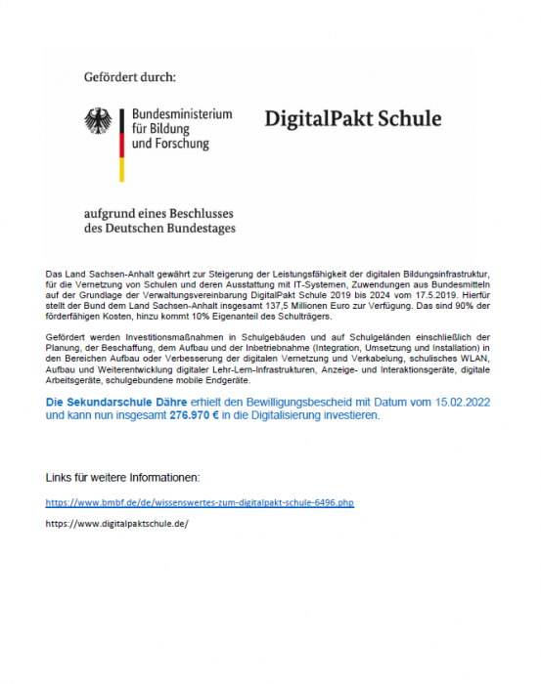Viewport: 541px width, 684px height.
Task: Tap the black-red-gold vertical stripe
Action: pyautogui.click(x=121, y=144)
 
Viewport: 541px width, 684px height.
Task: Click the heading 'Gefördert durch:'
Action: pyautogui.click(x=129, y=74)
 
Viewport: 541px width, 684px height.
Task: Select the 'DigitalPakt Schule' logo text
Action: pyautogui.click(x=352, y=120)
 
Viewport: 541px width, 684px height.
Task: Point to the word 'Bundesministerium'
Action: pyautogui.click(x=181, y=114)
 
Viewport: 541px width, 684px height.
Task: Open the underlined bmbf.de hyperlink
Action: pyautogui.click(x=200, y=502)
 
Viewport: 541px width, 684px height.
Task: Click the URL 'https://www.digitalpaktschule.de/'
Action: pyautogui.click(x=116, y=523)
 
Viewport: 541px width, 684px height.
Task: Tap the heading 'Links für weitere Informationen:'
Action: pyautogui.click(x=123, y=477)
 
